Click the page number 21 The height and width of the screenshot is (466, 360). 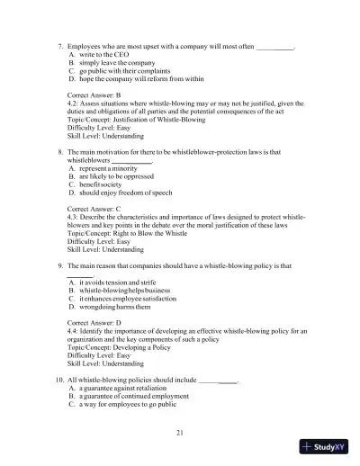(x=180, y=434)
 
